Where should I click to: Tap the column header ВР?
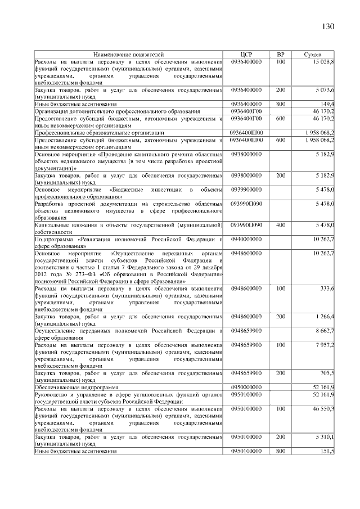coord(281,55)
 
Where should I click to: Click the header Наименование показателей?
coord(129,55)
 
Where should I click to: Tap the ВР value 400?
coord(281,225)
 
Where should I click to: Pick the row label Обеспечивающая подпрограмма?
coord(76,388)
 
